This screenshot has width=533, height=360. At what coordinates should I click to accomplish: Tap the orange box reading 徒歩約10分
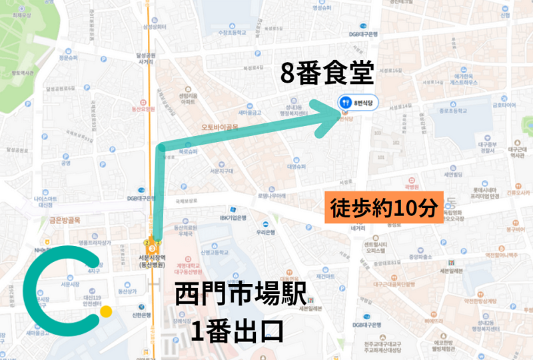click(382, 208)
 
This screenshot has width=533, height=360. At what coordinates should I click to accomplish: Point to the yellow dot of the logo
click(105, 311)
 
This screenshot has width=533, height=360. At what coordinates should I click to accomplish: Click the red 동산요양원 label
click(142, 108)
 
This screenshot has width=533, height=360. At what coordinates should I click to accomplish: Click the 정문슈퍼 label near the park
click(69, 58)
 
